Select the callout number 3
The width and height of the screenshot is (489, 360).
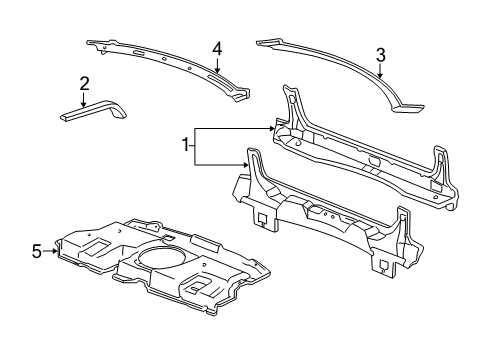pos(380,56)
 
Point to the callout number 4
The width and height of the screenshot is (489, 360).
pos(216,47)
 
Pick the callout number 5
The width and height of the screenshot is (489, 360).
pos(37,252)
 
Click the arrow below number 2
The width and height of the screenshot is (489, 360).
pos(85,98)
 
